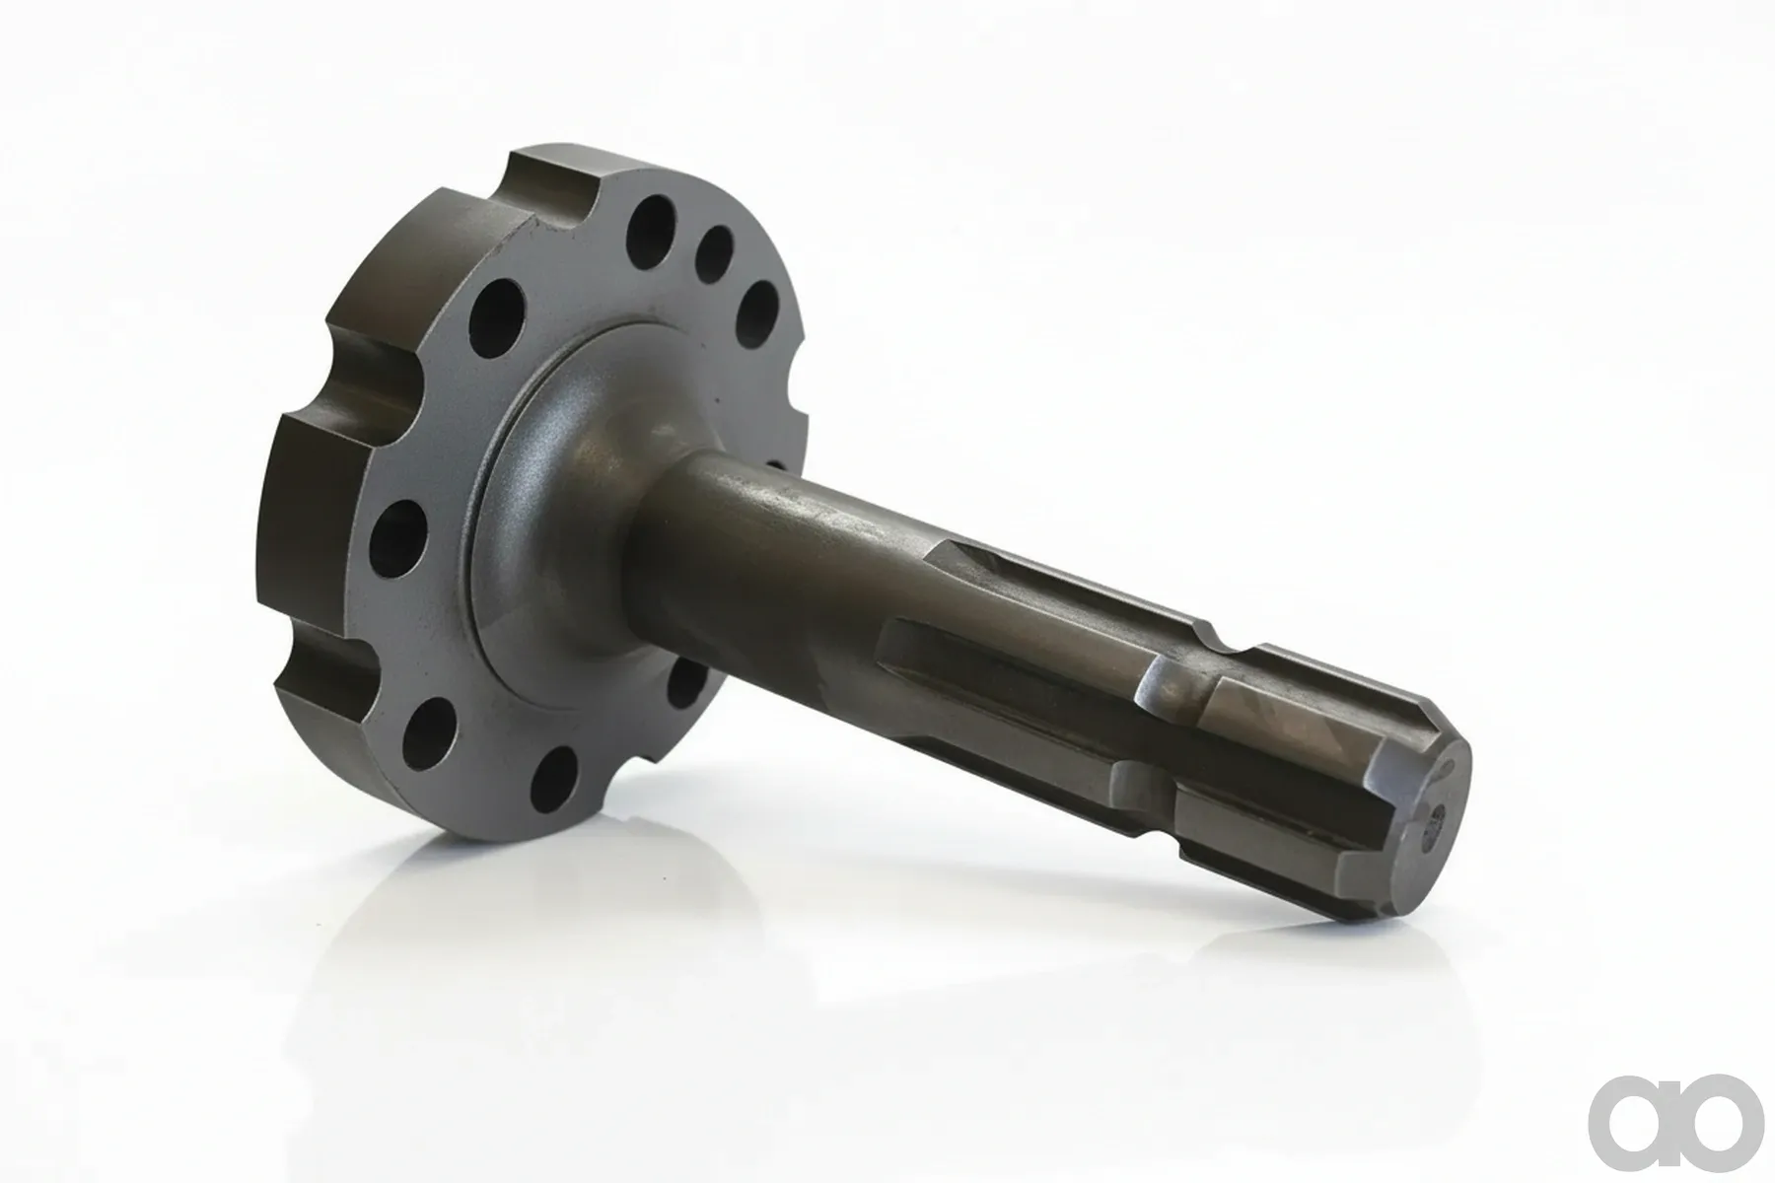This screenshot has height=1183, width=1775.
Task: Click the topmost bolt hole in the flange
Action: pyautogui.click(x=650, y=229)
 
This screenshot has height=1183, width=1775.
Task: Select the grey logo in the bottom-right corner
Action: pyautogui.click(x=1675, y=1121)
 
